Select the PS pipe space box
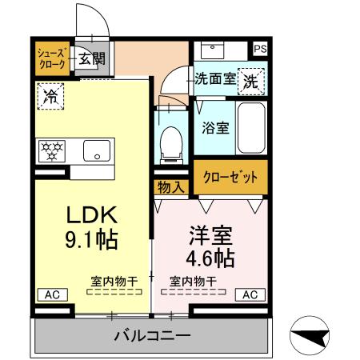click(x=260, y=49)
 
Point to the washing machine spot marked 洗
click(x=250, y=80)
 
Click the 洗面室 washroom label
click(x=215, y=79)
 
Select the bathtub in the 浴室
click(x=251, y=127)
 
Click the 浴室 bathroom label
click(x=213, y=126)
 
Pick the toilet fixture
click(x=170, y=143)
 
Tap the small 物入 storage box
click(x=171, y=187)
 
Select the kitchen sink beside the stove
click(x=94, y=150)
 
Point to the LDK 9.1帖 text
click(x=91, y=226)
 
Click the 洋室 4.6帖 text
click(x=211, y=247)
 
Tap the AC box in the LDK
click(x=50, y=294)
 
